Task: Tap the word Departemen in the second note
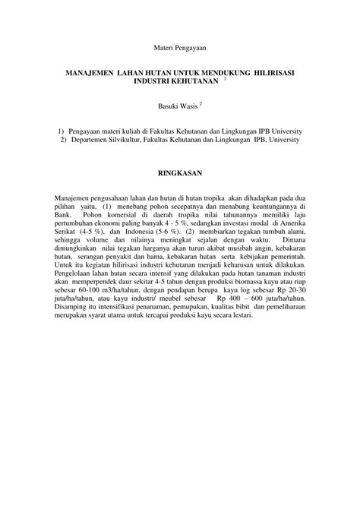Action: tap(90, 140)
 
